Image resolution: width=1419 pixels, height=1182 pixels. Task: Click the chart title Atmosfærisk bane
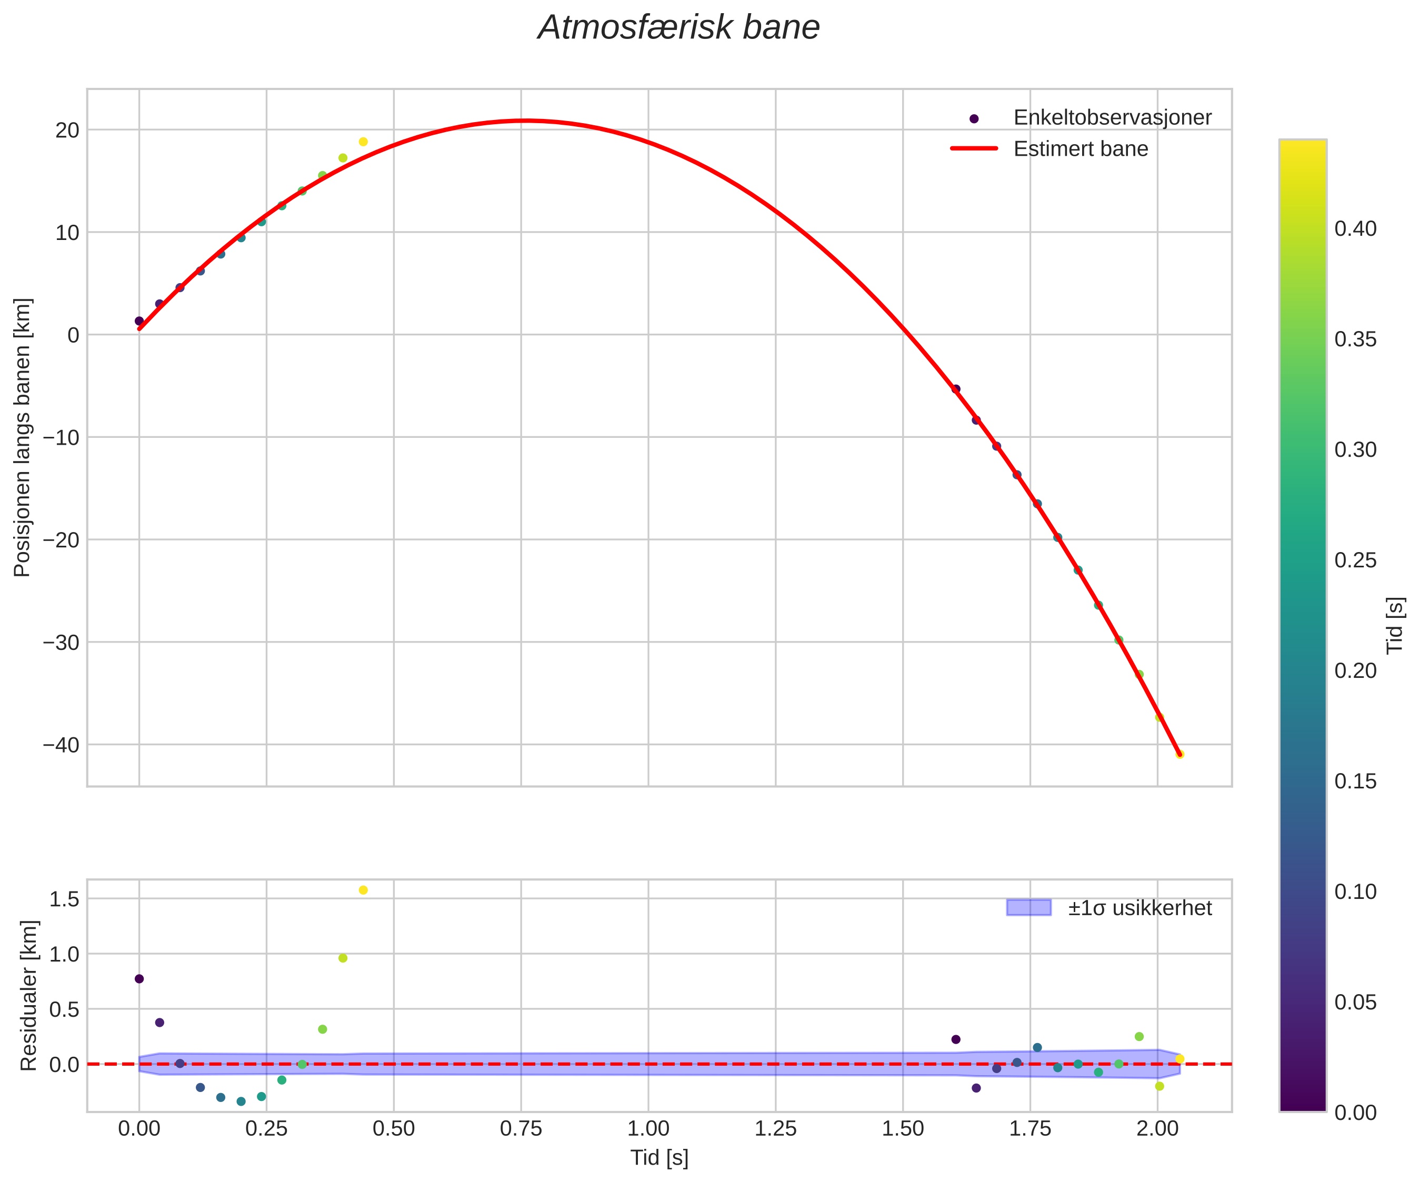(678, 28)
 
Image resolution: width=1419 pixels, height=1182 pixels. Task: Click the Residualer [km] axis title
(28, 995)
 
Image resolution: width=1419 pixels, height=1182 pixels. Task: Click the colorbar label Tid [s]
(1395, 625)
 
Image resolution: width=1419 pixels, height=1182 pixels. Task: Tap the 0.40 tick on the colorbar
(1355, 228)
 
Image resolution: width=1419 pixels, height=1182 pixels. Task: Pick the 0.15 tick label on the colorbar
(1355, 781)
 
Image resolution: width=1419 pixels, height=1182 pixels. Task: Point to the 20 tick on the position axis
(67, 130)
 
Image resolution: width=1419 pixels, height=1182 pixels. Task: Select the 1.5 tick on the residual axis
(64, 899)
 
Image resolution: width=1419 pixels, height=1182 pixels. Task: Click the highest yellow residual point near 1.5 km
(363, 890)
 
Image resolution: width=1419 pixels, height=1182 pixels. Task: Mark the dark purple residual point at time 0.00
(139, 978)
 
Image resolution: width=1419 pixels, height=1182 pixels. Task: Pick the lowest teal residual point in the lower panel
(241, 1101)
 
